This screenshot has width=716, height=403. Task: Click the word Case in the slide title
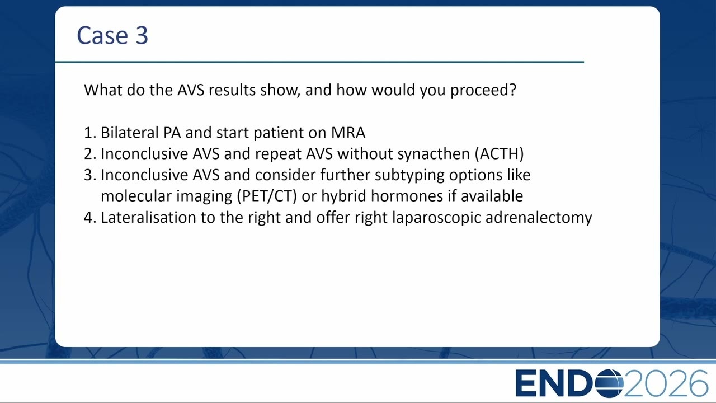102,35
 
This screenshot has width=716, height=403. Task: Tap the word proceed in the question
483,91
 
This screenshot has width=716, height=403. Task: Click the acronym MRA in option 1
348,133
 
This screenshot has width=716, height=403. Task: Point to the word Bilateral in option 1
130,133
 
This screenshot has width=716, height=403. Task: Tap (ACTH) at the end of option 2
500,154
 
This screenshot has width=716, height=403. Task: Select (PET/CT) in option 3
267,196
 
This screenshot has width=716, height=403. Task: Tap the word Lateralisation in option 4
149,218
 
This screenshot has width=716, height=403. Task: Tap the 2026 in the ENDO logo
666,383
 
